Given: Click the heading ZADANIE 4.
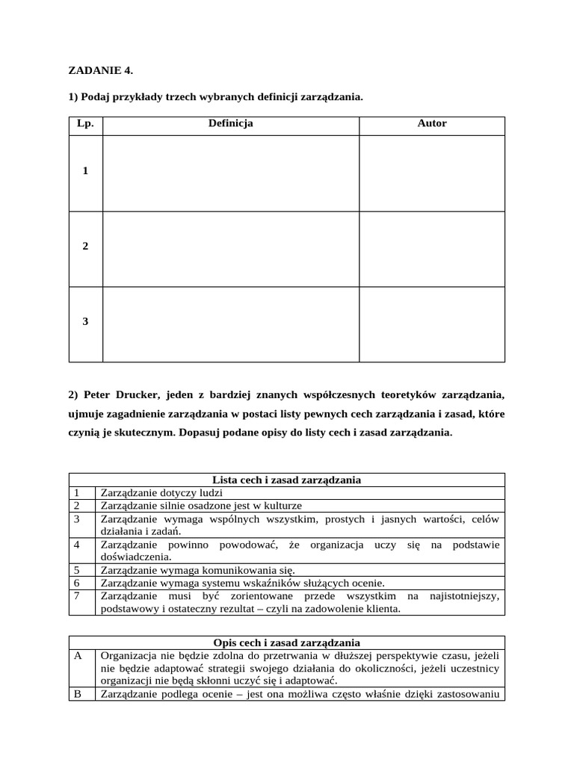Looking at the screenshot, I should [x=101, y=70].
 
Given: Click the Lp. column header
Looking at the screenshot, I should [x=85, y=123].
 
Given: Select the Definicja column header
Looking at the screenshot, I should [x=230, y=123].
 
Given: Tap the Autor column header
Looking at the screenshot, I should [x=432, y=123].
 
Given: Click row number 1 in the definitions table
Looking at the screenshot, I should [x=85, y=171].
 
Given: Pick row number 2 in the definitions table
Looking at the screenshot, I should [x=85, y=247].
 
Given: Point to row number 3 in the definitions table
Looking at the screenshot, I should [x=85, y=322].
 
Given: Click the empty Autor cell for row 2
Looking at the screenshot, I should [x=432, y=249].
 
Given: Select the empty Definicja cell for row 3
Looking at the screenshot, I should [x=230, y=324].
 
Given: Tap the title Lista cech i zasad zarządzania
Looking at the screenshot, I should [x=287, y=480].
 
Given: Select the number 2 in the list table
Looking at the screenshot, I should [x=76, y=506].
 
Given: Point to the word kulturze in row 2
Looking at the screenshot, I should [x=283, y=506].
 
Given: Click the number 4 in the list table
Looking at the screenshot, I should [x=76, y=545].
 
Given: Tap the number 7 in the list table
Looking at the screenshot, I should [x=76, y=596].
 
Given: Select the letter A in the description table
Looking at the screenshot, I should [x=77, y=656].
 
